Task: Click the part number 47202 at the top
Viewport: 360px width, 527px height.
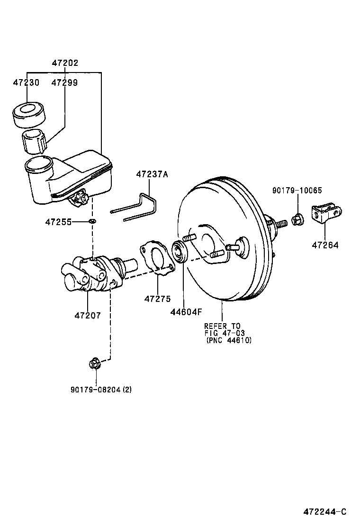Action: [x=65, y=63]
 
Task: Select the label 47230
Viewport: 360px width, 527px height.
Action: [x=26, y=82]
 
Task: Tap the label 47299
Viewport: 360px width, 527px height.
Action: [x=65, y=82]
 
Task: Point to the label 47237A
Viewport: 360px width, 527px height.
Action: [x=152, y=174]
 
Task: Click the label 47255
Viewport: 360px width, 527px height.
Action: [x=58, y=221]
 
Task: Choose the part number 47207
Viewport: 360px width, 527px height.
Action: [x=88, y=315]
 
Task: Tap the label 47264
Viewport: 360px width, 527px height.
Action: [x=325, y=245]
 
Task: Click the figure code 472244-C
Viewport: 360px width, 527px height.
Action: [x=325, y=511]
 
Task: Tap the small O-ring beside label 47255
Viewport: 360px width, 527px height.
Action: [x=92, y=221]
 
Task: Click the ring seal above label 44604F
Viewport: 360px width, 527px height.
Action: [x=180, y=251]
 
